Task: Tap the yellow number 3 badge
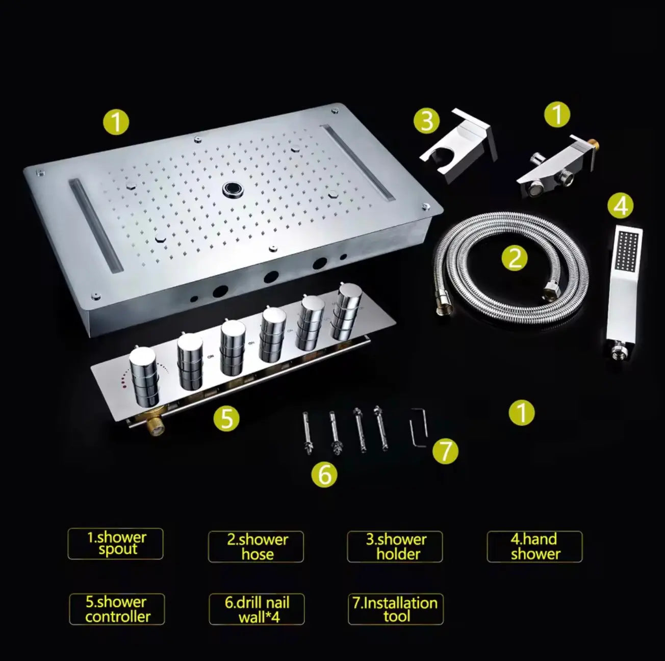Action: [x=426, y=121]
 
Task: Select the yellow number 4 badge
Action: [x=620, y=206]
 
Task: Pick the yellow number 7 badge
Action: [x=445, y=451]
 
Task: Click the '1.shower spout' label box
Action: [x=116, y=544]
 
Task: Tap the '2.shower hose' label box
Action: [x=256, y=547]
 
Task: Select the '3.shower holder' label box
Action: [x=395, y=547]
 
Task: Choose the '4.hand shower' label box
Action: [x=534, y=547]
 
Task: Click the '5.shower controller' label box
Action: [x=117, y=609]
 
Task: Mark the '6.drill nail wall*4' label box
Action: [x=257, y=609]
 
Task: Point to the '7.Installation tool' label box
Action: [x=395, y=609]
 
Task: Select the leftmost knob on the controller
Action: [x=144, y=375]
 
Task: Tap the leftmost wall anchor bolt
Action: [x=308, y=431]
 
